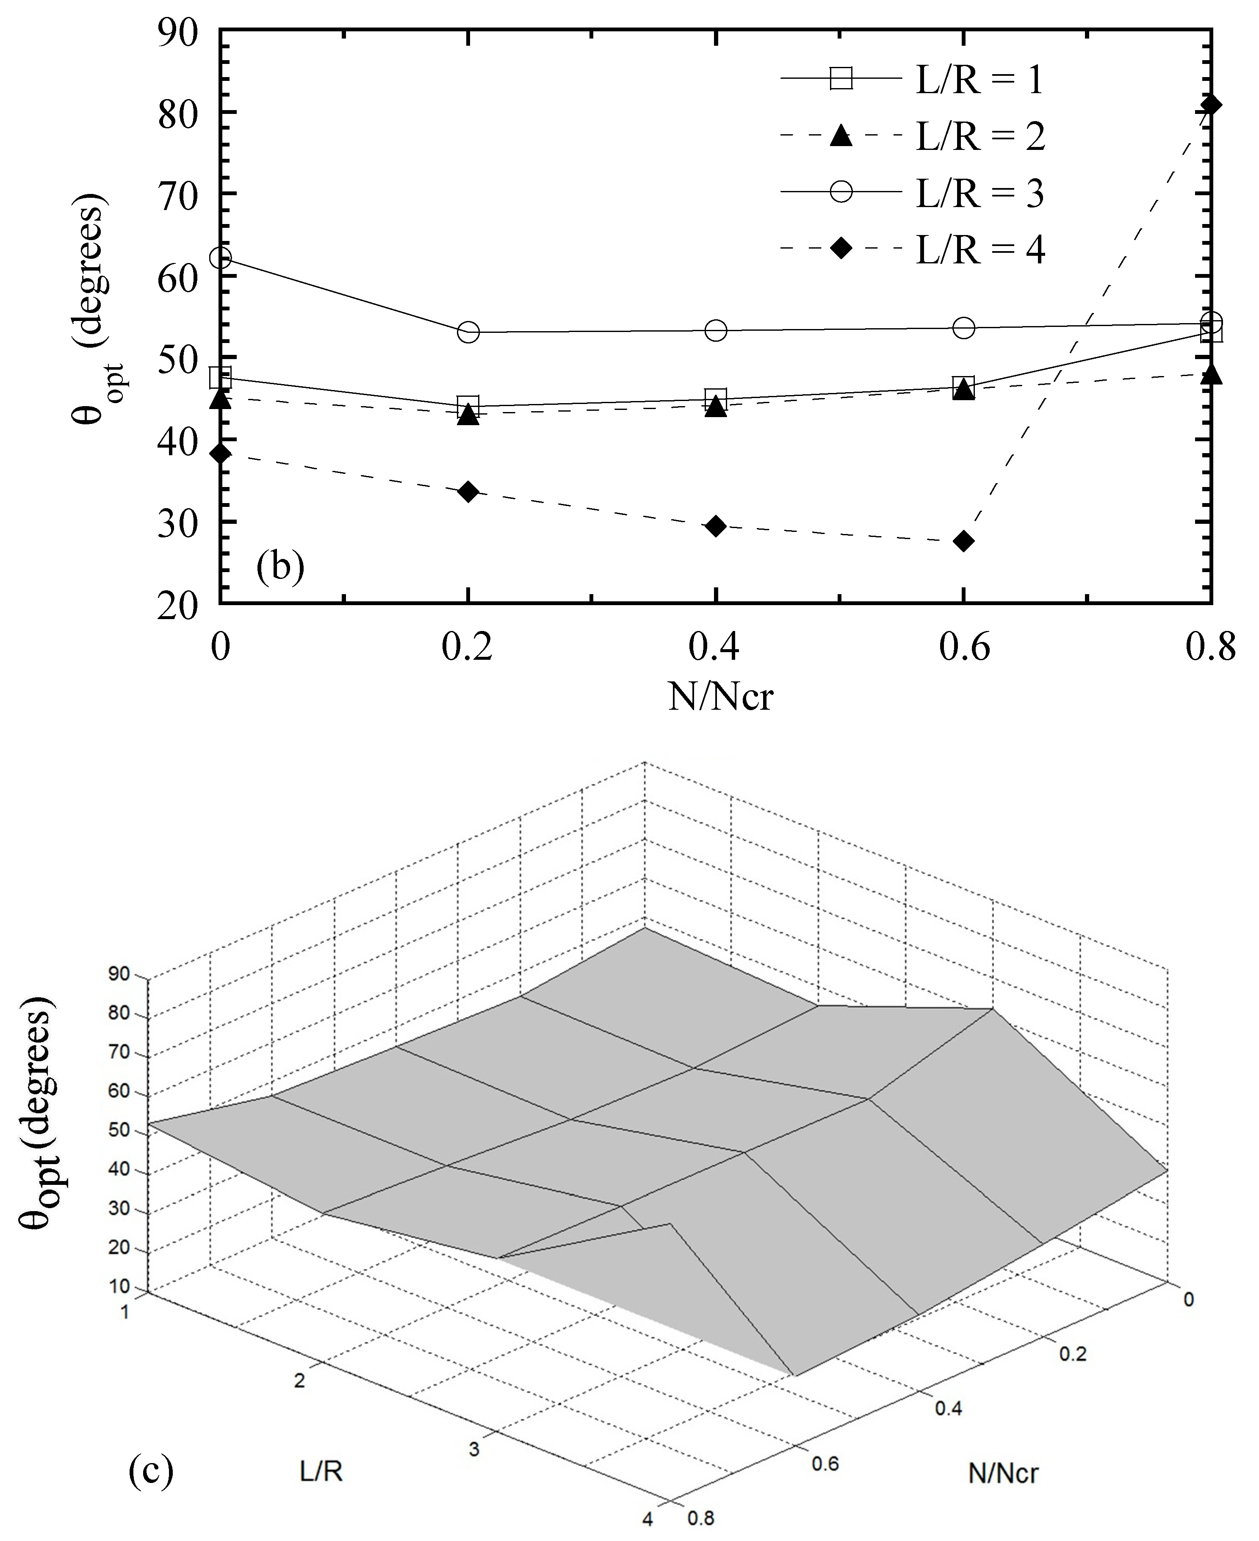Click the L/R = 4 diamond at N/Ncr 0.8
(1210, 105)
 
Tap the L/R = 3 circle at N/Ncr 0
(221, 258)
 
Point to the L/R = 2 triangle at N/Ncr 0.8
(1210, 375)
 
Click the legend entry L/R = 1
(979, 80)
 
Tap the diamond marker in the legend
(841, 249)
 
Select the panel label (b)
(280, 566)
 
